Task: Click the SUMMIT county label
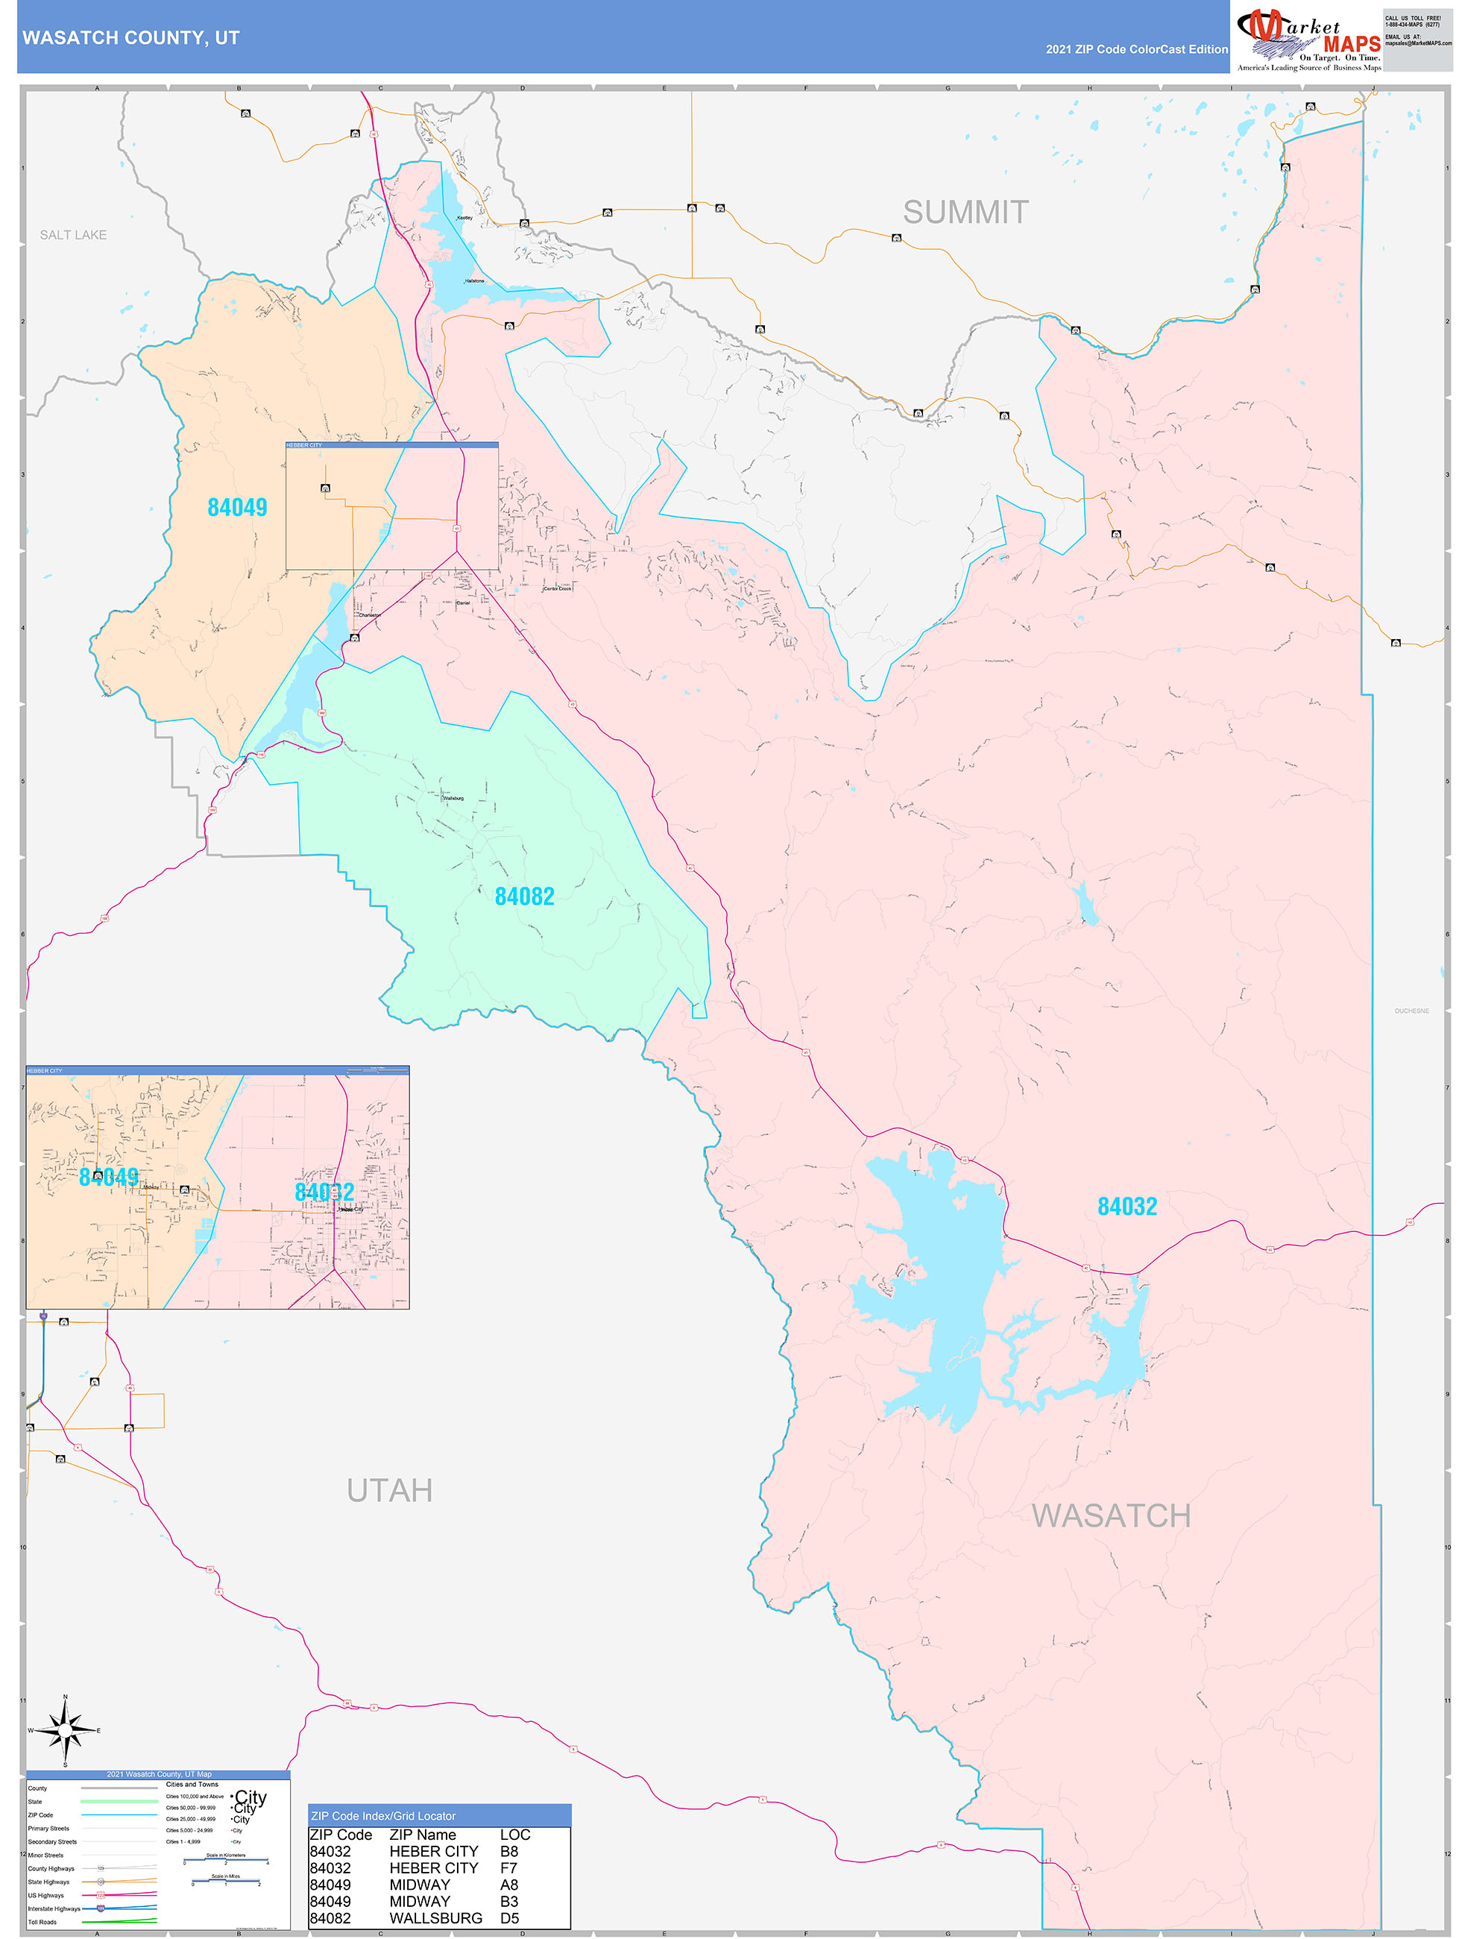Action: tap(965, 212)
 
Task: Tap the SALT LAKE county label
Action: tap(73, 235)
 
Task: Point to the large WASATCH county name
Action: tap(1111, 1515)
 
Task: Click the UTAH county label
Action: tap(389, 1490)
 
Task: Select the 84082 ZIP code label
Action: tap(524, 896)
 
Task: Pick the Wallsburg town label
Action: tap(453, 799)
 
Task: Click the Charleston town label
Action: tap(369, 615)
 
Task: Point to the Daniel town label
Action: tap(464, 603)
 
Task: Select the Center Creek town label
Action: tap(558, 589)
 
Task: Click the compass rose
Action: tap(65, 1730)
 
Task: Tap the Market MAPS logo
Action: tap(1308, 40)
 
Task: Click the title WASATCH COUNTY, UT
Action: tap(130, 38)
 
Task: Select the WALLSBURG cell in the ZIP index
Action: tap(435, 1918)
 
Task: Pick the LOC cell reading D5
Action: tap(509, 1918)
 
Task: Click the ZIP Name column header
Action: tap(423, 1835)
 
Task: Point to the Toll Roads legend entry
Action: tap(42, 1921)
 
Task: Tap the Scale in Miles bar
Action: tap(225, 1883)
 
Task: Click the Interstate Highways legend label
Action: tap(54, 1908)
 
